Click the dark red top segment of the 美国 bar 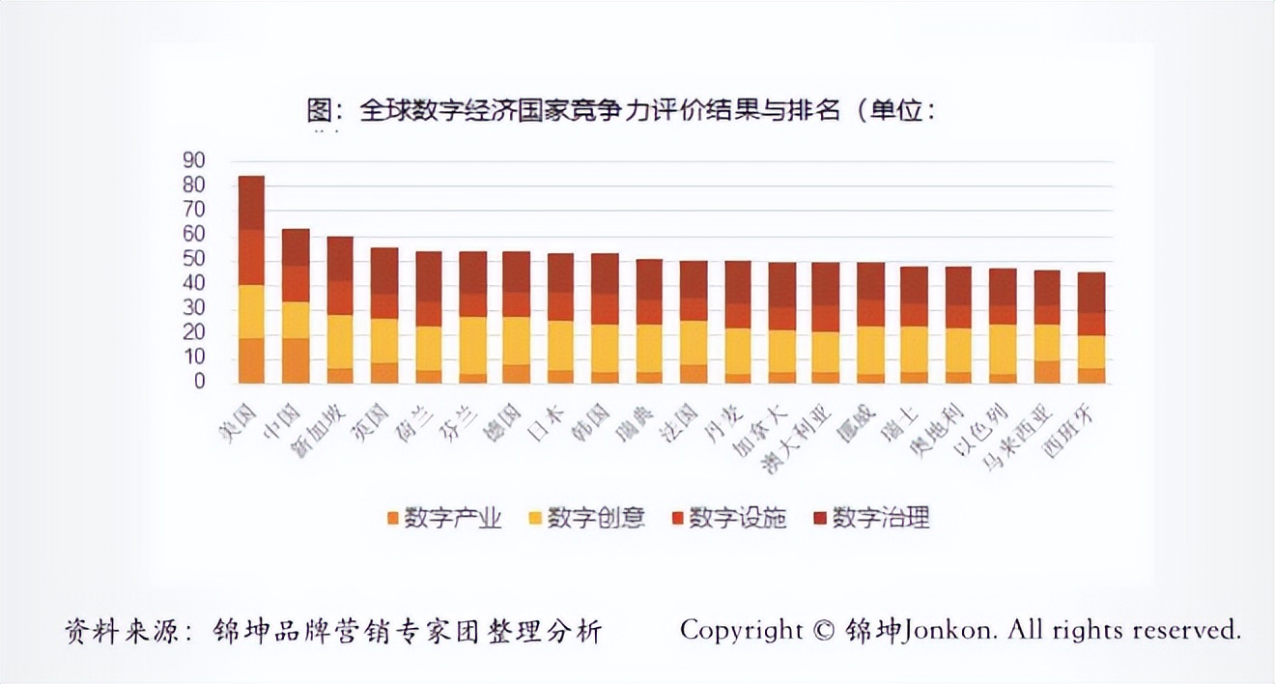click(251, 203)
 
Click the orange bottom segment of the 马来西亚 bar click(1048, 372)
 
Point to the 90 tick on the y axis click(193, 160)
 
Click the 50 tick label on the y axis click(193, 259)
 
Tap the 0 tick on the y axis click(198, 382)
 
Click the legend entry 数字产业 click(443, 518)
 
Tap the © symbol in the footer click(823, 630)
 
